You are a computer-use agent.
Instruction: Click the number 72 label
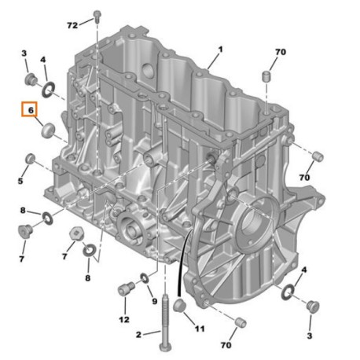(72, 25)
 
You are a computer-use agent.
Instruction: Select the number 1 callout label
(221, 49)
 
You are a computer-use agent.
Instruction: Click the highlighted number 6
(31, 111)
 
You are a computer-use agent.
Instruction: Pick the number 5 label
(20, 182)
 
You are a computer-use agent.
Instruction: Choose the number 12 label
(123, 319)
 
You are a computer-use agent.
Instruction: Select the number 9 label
(155, 300)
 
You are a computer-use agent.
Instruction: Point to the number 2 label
(139, 334)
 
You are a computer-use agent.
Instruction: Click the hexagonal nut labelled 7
(77, 234)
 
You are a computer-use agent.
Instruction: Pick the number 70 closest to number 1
(280, 53)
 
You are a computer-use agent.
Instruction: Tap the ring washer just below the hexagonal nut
(89, 252)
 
